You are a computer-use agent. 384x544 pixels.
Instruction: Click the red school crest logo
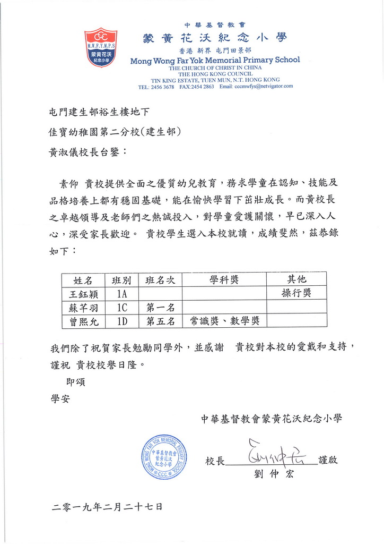click(x=100, y=47)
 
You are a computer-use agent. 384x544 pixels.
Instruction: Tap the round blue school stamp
click(x=163, y=457)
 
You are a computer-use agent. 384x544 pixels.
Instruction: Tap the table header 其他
click(x=296, y=279)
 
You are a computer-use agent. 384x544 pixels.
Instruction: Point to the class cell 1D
click(x=122, y=321)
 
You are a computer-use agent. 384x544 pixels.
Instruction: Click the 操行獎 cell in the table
click(x=296, y=293)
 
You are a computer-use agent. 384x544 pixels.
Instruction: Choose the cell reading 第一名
click(x=160, y=307)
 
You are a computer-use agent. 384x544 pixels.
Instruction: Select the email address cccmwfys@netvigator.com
click(x=264, y=86)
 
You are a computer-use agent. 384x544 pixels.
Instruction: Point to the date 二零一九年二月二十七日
click(x=107, y=507)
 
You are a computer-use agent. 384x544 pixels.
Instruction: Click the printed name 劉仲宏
click(x=274, y=474)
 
